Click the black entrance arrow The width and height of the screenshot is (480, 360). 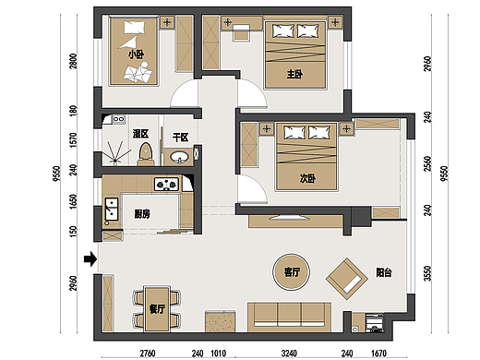(x=90, y=259)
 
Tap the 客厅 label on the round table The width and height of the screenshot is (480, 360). (x=292, y=272)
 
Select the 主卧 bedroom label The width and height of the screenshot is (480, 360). (x=294, y=74)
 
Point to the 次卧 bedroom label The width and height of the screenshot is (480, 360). (x=307, y=178)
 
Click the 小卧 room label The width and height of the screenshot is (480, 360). (x=136, y=54)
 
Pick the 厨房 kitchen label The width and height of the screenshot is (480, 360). (x=142, y=214)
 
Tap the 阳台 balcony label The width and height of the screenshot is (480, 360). (x=384, y=272)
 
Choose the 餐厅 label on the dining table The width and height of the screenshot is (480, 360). (x=157, y=308)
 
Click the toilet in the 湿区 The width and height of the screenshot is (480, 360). (x=146, y=154)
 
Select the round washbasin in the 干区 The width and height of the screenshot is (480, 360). (x=179, y=157)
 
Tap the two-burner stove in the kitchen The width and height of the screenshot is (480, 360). (x=166, y=185)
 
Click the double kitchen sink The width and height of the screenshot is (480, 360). (x=111, y=210)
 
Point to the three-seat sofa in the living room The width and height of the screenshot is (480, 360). (x=289, y=318)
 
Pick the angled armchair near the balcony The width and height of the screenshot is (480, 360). (x=347, y=279)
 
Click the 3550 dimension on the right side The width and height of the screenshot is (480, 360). (x=427, y=273)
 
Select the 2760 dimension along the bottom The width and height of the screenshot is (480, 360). (x=148, y=354)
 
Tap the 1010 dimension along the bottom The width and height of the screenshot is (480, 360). (x=218, y=354)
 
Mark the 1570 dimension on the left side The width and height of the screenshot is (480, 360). (x=73, y=140)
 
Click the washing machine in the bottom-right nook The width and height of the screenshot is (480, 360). (x=375, y=324)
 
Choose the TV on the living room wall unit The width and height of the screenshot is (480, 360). (x=289, y=218)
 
